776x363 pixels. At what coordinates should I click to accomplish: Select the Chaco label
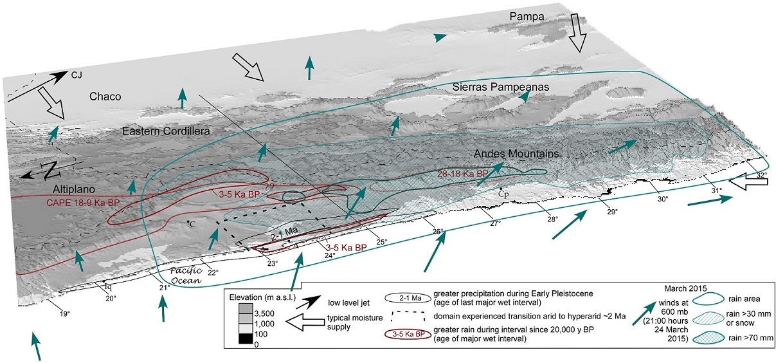105,97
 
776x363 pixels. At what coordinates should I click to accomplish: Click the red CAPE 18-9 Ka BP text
85,201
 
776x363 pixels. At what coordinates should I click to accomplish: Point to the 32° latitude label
761,175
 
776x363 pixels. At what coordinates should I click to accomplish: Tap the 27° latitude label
495,224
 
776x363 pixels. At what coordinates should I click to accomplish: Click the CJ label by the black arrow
77,76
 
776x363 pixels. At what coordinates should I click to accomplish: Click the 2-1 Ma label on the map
280,237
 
